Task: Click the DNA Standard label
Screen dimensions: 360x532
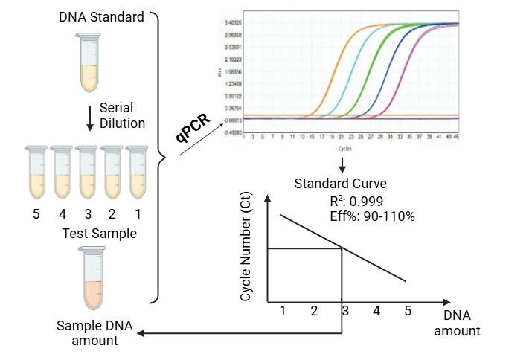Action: click(101, 16)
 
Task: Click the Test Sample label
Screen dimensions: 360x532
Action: click(99, 234)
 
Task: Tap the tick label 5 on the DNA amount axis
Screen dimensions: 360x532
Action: click(407, 311)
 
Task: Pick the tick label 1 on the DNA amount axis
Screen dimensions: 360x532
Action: click(283, 311)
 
